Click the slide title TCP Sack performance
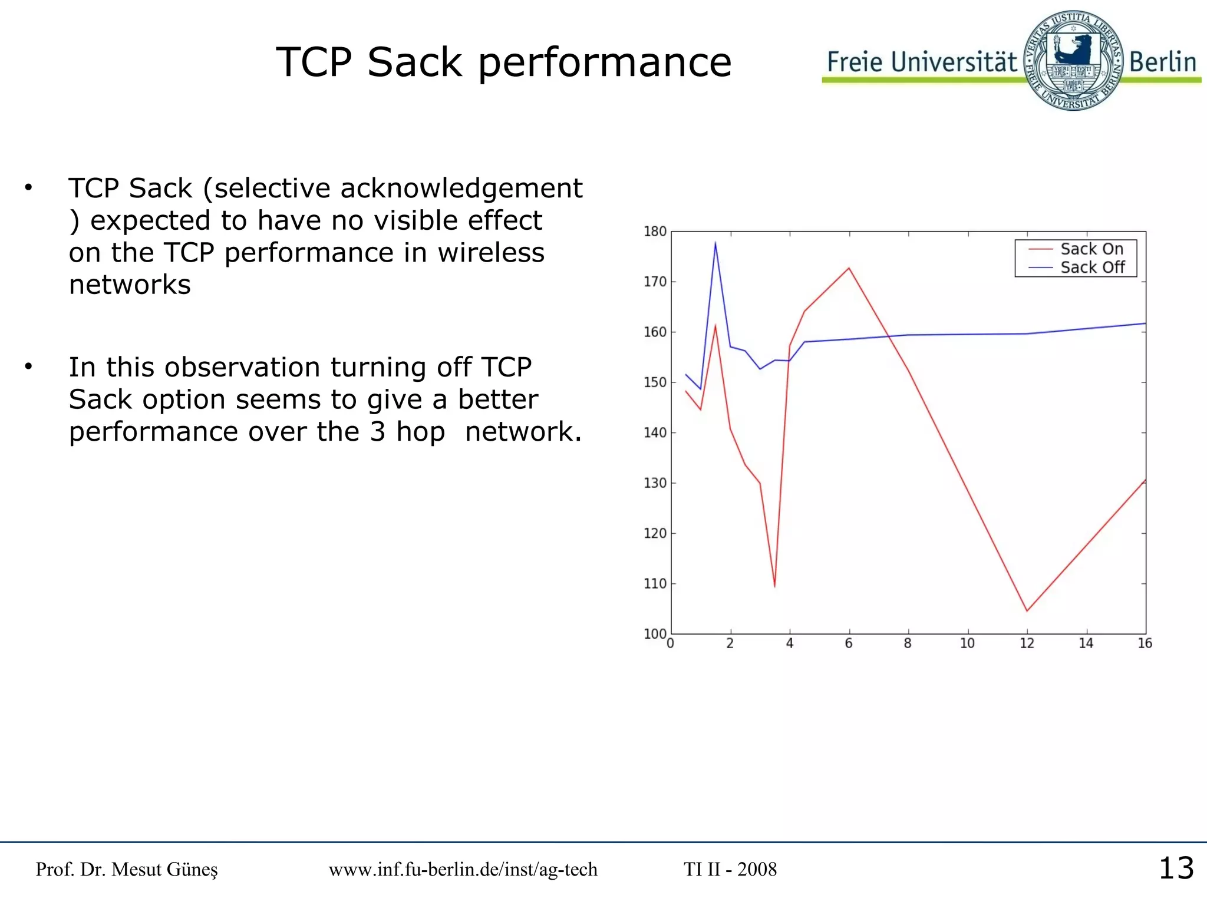(504, 62)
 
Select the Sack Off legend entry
(1091, 267)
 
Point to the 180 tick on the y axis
(655, 232)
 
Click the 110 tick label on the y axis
(655, 584)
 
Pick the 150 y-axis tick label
(655, 382)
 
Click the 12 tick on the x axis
(1027, 643)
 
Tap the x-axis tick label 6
(849, 643)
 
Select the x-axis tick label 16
(1145, 643)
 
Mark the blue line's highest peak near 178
(715, 243)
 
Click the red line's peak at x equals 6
(849, 269)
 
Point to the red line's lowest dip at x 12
(1027, 610)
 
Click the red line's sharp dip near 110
(774, 586)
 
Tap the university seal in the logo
(1073, 61)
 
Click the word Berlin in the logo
(1162, 62)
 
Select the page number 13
(1176, 868)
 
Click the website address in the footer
(463, 870)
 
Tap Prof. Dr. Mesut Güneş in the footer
(127, 870)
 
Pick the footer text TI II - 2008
(730, 870)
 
